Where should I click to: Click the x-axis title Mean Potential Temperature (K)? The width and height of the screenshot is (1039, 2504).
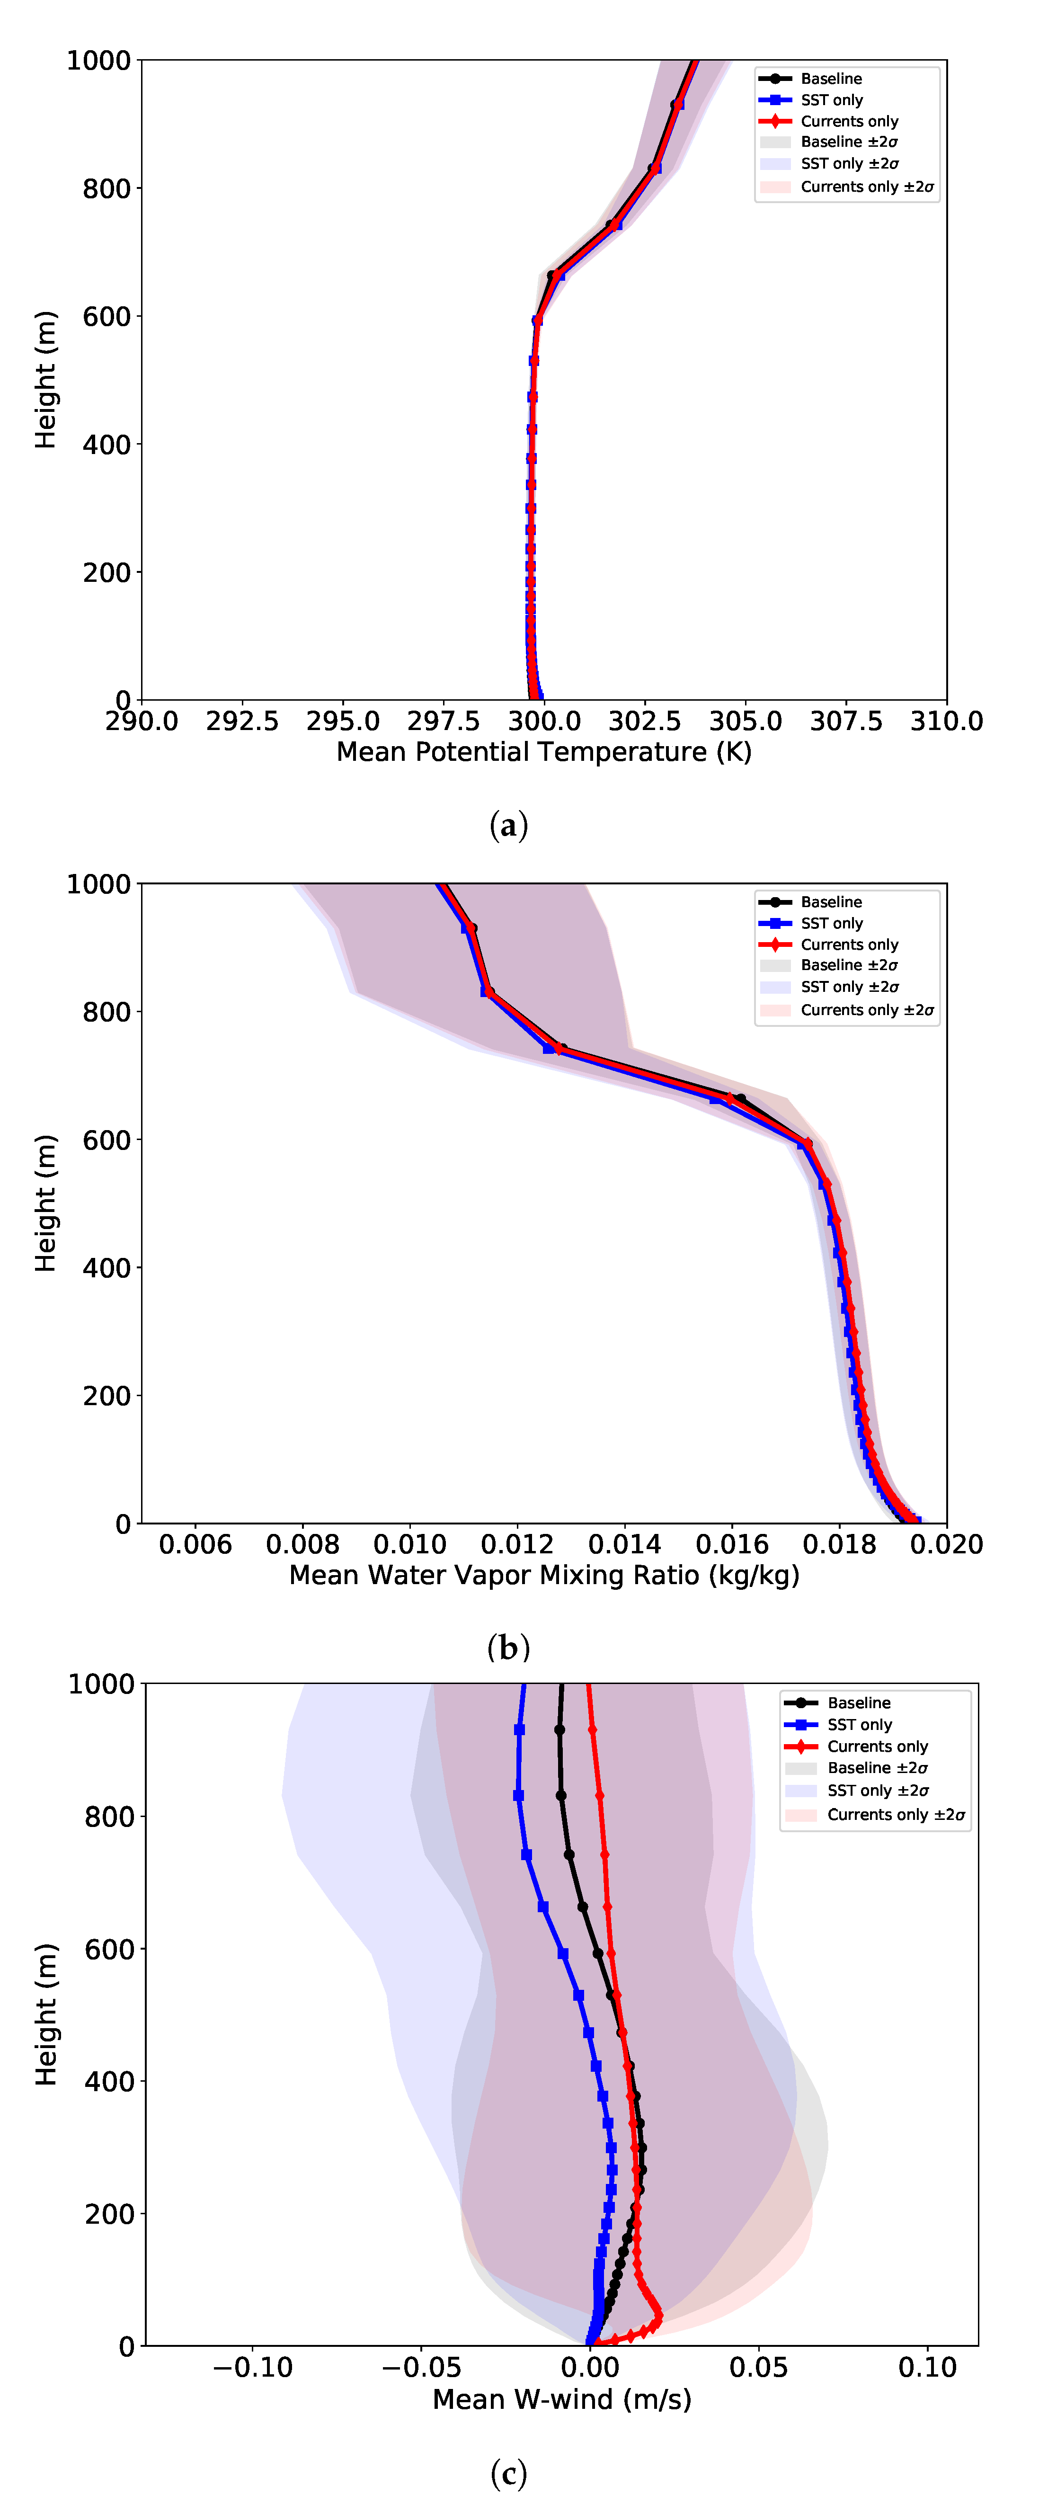pos(543,752)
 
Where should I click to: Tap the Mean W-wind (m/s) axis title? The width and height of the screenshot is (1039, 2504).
pos(562,2399)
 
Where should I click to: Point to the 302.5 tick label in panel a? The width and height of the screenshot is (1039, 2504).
pos(644,721)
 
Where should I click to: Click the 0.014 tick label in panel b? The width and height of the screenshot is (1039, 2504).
pos(624,1545)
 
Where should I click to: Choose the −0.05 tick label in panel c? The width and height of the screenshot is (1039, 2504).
pos(421,2368)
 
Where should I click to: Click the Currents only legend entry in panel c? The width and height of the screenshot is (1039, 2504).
pos(877,1747)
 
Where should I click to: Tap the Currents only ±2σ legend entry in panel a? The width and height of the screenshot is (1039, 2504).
pos(866,187)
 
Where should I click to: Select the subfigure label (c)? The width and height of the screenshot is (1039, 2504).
pos(508,2472)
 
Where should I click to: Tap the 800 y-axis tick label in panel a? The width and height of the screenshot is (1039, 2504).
pos(107,188)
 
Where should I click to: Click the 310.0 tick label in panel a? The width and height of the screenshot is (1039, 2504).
pos(946,721)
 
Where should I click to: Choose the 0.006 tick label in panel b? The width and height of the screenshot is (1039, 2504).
pos(195,1545)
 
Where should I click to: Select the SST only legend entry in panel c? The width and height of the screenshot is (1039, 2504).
pos(859,1724)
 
